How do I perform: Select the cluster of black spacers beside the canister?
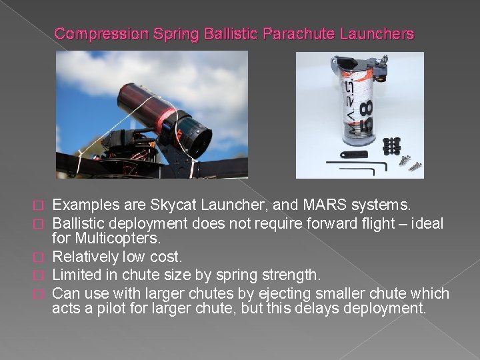[393, 145]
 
